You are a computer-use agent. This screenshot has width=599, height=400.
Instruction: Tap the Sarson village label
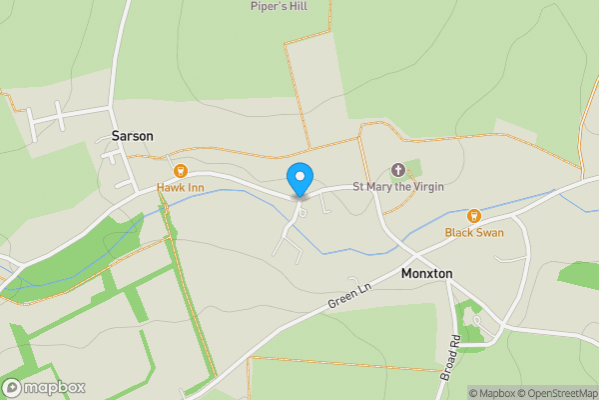132,135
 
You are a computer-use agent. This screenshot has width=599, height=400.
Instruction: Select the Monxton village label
426,273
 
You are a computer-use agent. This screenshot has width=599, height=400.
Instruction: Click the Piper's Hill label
279,5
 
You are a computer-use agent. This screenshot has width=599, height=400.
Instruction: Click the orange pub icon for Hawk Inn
181,171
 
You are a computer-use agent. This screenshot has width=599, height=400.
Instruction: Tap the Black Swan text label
474,232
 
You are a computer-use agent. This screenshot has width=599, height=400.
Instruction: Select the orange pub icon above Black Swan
474,215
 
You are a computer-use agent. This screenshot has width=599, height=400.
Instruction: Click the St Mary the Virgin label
397,187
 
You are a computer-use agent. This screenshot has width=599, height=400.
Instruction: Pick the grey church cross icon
398,170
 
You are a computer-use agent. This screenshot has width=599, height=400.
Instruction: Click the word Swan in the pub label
489,232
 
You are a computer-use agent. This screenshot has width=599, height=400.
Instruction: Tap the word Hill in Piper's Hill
298,5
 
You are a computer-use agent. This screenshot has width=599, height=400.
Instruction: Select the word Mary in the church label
379,187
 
